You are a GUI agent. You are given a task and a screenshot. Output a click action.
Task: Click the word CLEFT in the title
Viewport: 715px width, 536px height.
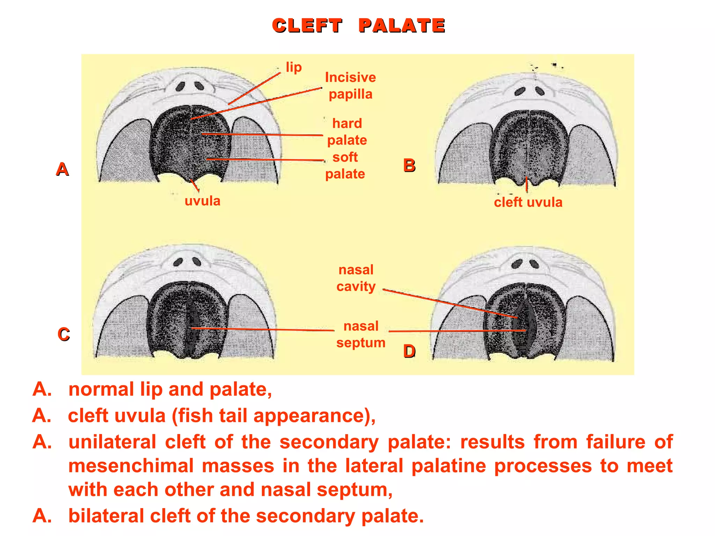pos(307,26)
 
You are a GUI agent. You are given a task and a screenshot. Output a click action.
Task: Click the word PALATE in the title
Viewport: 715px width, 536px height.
pos(401,26)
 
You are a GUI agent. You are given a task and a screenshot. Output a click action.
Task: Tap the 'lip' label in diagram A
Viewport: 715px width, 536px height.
pos(294,67)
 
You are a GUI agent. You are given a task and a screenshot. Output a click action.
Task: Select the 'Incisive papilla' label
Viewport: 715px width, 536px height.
pos(350,86)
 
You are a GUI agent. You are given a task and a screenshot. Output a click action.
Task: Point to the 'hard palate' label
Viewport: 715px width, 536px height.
pos(347,132)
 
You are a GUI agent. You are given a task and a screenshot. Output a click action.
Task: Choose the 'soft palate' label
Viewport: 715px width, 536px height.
pos(345,166)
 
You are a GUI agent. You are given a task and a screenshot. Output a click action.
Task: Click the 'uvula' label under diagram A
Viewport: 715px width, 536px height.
pos(202,201)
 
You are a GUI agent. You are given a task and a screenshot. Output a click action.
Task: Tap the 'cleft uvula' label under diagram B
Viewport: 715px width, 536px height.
pos(528,202)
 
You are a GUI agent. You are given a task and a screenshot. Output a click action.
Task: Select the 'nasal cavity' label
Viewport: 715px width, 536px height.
pos(356,278)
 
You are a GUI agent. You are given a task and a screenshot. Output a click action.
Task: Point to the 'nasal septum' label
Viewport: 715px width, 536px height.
pos(361,334)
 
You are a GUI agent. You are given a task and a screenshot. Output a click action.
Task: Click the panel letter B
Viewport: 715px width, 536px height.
pos(409,165)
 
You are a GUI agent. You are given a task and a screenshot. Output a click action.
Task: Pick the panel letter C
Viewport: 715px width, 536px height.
pos(64,334)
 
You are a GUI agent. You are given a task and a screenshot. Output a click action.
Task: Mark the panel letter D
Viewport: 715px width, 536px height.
pos(409,351)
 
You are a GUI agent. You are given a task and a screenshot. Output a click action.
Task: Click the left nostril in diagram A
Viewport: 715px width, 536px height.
pos(180,86)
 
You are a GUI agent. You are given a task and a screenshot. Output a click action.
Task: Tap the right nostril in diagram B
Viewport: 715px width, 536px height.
pos(540,91)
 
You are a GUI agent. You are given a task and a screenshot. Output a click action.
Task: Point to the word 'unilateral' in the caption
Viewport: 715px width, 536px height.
pos(112,442)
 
